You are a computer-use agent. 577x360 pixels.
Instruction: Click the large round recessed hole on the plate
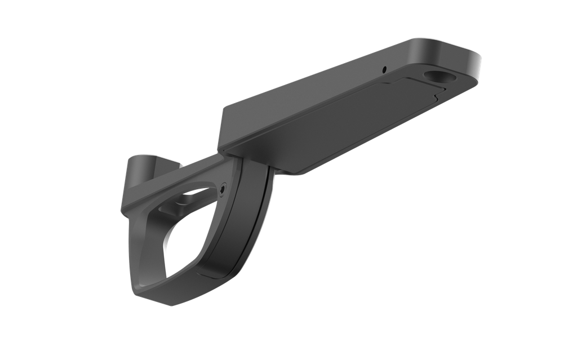tap(436, 75)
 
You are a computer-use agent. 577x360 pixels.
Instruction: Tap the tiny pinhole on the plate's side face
tap(384, 69)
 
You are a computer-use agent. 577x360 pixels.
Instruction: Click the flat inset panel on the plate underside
tap(338, 124)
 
